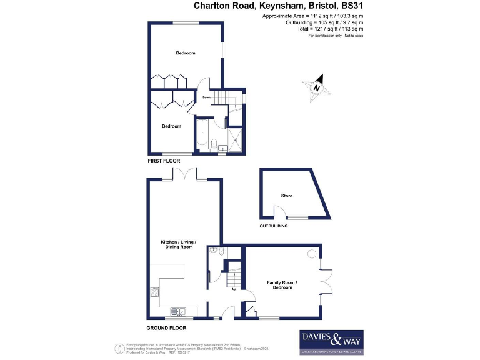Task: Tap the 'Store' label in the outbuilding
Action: (286, 196)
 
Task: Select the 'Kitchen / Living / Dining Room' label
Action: (178, 244)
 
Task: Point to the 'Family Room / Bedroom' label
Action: (282, 285)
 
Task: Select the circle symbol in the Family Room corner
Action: (311, 254)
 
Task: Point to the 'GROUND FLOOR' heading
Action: (166, 328)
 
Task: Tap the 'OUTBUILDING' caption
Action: (274, 226)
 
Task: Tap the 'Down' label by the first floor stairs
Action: (206, 97)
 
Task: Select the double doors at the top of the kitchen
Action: (186, 175)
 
